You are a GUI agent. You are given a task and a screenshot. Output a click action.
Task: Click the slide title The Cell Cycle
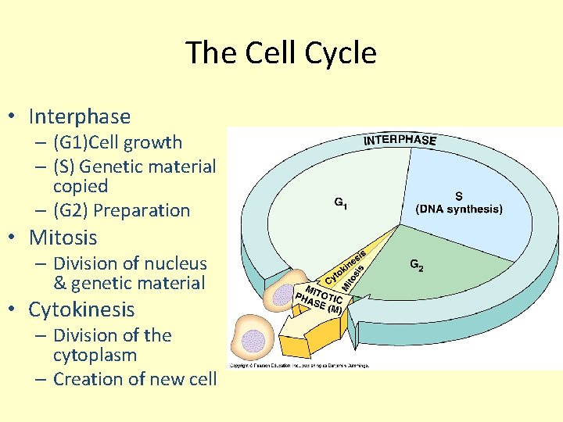pos(281,53)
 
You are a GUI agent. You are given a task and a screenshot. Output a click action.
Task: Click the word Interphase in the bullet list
pos(79,116)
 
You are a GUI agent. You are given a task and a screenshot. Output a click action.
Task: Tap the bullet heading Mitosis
pos(63,237)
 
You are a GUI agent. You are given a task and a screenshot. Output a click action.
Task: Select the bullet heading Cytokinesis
pos(81,309)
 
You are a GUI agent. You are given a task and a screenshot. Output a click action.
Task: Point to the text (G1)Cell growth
pos(117,142)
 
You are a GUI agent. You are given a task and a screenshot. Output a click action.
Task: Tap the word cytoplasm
pos(95,355)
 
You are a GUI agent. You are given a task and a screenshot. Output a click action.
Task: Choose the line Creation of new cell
pos(134,379)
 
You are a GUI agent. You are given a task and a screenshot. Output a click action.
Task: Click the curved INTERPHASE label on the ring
pos(400,139)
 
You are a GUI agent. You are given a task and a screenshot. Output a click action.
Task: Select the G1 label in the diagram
pos(341,203)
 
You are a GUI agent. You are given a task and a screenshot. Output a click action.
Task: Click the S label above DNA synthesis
pos(459,195)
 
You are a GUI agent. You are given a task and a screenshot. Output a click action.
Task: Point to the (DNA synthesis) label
pos(459,209)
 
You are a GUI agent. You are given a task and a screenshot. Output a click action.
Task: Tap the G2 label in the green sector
pos(418,265)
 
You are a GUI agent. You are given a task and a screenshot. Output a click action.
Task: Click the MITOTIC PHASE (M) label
pos(319,297)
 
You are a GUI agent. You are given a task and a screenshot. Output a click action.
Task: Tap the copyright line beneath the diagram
pos(299,365)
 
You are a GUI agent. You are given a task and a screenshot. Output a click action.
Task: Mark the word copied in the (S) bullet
pos(81,187)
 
